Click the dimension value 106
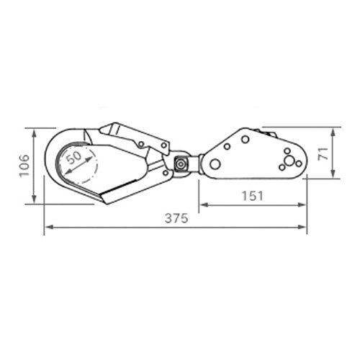[24, 166]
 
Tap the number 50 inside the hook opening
[73, 158]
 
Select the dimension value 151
[253, 196]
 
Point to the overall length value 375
[176, 219]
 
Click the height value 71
[323, 154]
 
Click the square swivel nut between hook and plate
[181, 165]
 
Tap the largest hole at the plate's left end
[215, 164]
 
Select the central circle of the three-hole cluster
[289, 161]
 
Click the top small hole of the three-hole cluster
[287, 151]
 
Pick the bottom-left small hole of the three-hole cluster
[282, 167]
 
